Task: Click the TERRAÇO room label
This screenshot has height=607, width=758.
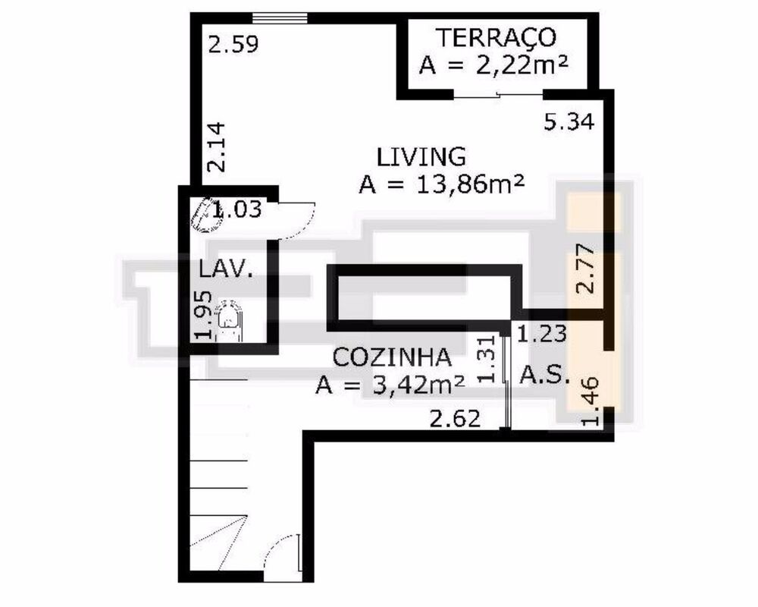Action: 496,36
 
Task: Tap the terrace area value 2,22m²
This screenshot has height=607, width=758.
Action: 494,66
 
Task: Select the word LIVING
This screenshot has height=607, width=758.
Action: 421,156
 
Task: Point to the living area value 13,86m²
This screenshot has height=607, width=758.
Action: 443,184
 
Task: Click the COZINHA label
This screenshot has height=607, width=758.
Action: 393,357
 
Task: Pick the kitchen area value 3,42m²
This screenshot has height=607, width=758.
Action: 391,385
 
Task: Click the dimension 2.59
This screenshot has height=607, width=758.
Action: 233,44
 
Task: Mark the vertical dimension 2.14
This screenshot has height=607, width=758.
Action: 217,149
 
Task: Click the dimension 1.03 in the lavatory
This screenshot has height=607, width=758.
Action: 236,209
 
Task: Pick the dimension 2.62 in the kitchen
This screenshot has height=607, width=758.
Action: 455,418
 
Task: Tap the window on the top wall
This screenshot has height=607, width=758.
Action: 280,17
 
